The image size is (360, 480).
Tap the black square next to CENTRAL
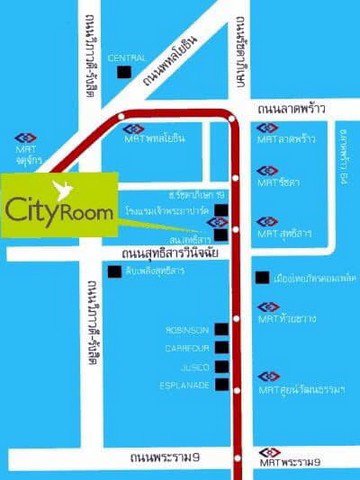pyautogui.click(x=123, y=71)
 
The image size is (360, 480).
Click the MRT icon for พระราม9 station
pyautogui.click(x=269, y=449)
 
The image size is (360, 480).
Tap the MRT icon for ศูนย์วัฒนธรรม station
pyautogui.click(x=269, y=375)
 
